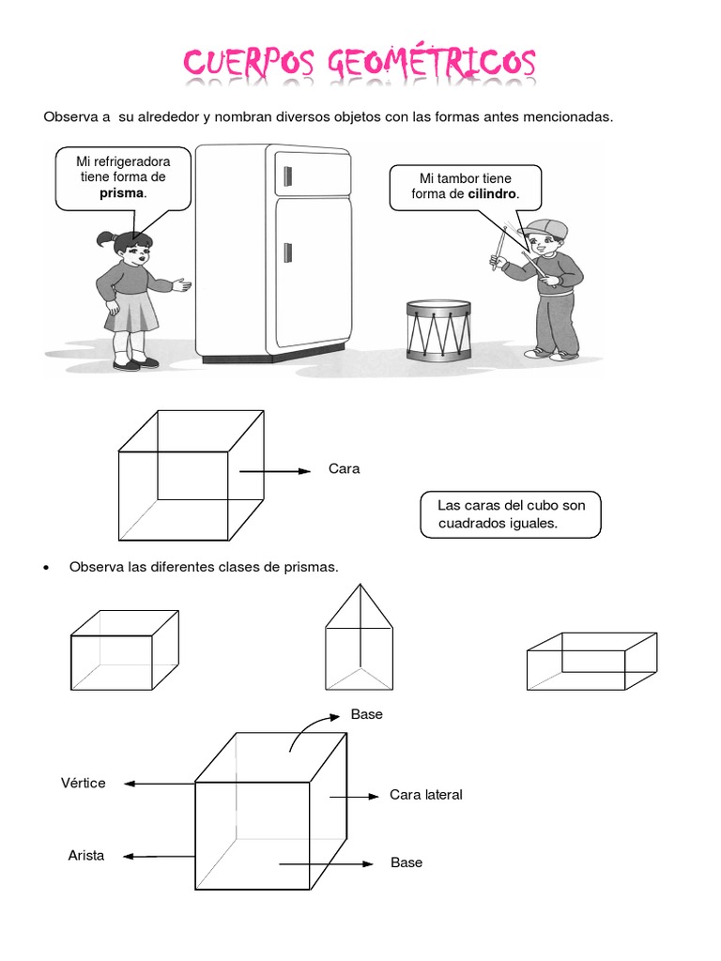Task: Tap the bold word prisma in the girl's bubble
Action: pos(122,192)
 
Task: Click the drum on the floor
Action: pos(438,329)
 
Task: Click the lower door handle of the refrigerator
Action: pos(288,252)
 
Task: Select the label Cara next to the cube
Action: pos(345,469)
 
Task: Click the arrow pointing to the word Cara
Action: pos(274,471)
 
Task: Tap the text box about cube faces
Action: pos(511,514)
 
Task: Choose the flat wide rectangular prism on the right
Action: pos(591,661)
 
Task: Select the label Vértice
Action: pos(84,783)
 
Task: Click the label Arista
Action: pos(86,855)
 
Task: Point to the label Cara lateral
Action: pos(426,795)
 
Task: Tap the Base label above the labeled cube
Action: pos(367,714)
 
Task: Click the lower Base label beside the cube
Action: pos(407,862)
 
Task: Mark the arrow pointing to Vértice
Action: pos(159,784)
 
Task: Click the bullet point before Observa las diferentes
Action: pos(48,568)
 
